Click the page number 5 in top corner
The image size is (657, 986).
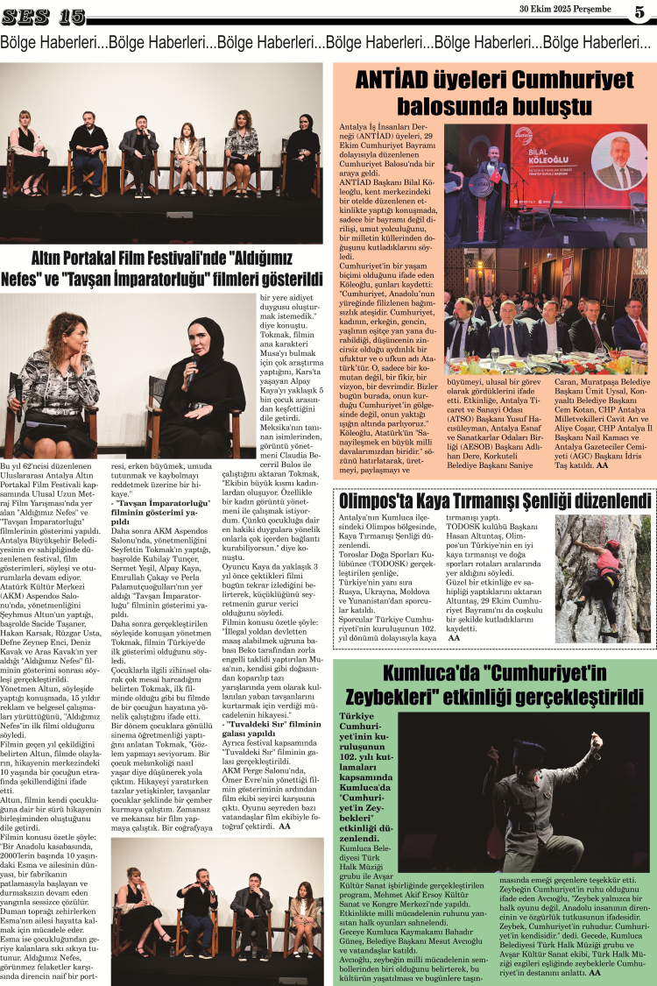pos(639,12)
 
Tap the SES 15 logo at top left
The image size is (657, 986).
pos(44,17)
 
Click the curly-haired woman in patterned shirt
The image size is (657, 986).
pos(57,377)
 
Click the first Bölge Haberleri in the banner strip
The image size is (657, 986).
pos(53,42)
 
